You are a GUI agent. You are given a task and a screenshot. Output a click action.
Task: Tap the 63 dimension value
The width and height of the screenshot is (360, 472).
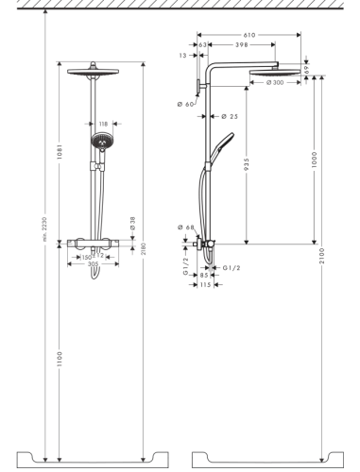pyautogui.click(x=202, y=44)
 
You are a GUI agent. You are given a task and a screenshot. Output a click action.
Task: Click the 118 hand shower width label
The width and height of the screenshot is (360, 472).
pyautogui.click(x=103, y=123)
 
